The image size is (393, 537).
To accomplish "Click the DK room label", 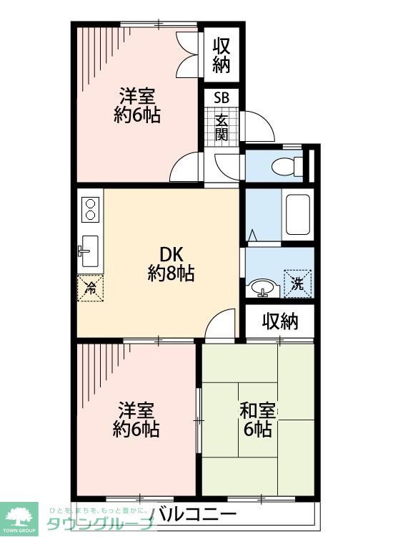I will [x=171, y=255].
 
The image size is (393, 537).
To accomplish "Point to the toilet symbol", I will [x=287, y=165].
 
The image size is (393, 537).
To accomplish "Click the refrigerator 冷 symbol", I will [x=91, y=288].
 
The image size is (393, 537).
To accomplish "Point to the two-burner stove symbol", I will [x=91, y=208].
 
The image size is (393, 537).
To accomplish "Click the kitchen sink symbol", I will [x=90, y=246].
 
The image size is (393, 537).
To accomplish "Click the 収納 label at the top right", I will [x=222, y=56].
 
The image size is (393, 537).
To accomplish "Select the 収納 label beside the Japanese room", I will [x=279, y=322].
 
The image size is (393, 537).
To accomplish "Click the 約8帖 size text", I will [x=171, y=273].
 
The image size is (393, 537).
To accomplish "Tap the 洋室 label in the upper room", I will [x=137, y=95].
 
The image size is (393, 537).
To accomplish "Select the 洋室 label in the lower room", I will [x=136, y=411].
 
